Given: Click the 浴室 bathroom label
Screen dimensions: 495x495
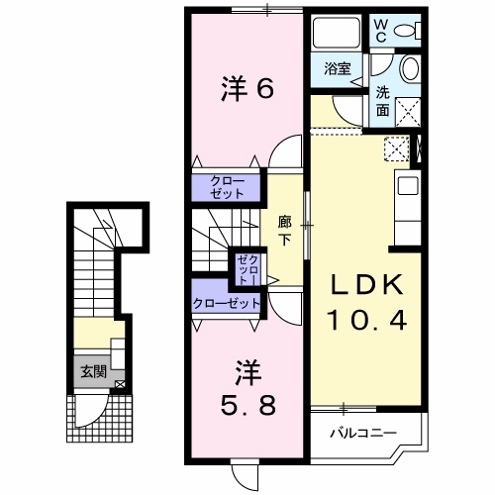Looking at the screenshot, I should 338,68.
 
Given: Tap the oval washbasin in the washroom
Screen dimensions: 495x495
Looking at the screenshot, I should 411,70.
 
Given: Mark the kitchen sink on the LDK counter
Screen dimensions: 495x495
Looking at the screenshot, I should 407,185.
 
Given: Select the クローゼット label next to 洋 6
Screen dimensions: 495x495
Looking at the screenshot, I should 227,186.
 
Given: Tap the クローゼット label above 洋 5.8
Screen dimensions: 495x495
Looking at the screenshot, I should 227,303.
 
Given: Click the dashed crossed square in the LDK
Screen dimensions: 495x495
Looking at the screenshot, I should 396,149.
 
